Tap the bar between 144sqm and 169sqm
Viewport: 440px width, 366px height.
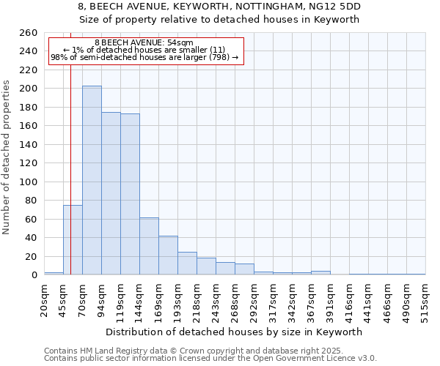(x=149, y=246)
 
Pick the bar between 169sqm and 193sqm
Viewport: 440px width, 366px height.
(x=168, y=255)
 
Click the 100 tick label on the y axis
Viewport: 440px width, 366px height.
(x=29, y=182)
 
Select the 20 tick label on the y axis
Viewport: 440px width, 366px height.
(x=32, y=256)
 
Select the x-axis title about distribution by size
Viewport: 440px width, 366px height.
(x=233, y=332)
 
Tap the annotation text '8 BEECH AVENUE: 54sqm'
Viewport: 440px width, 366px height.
(x=144, y=43)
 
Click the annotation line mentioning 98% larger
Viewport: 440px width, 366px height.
(x=144, y=58)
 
